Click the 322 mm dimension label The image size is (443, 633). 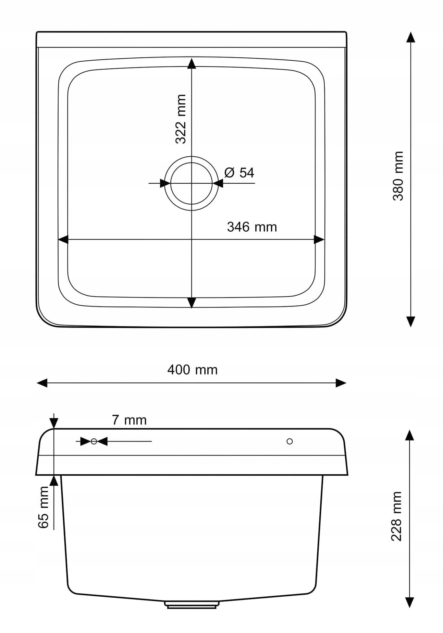(181, 119)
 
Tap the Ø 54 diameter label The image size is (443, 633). (239, 173)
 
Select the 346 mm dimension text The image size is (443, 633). (252, 227)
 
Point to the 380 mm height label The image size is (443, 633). (398, 176)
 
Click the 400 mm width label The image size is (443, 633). (192, 370)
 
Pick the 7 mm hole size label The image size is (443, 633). (129, 420)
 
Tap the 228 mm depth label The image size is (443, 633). (396, 516)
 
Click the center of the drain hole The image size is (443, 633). (191, 183)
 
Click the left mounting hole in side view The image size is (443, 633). (94, 441)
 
